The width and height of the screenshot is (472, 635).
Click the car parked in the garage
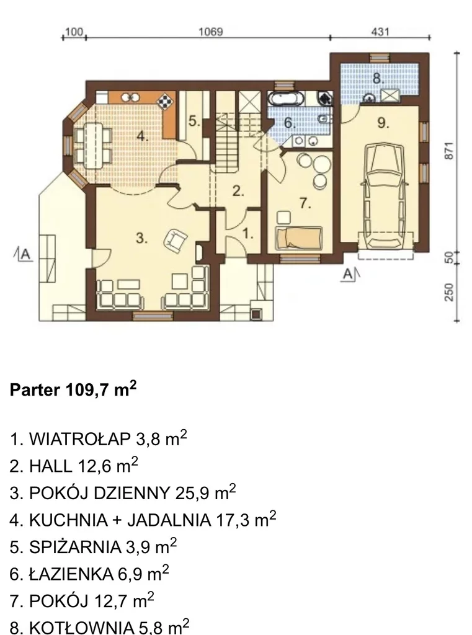coord(386,195)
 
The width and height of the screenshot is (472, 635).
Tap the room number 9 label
coord(383,122)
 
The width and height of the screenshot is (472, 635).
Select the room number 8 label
coord(378,78)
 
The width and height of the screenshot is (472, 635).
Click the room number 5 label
coord(194,121)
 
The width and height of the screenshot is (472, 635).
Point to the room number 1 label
coord(247,233)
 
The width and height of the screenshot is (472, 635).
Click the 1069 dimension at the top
coord(211,31)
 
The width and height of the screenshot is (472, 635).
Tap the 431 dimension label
coord(380,31)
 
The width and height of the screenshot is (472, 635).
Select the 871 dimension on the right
coord(449,151)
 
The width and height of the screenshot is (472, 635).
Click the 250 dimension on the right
coord(449,291)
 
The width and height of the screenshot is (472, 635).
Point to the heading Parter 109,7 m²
coord(73,389)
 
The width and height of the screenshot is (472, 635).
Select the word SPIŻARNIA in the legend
coord(75,547)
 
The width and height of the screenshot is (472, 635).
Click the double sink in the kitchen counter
coord(130,97)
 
